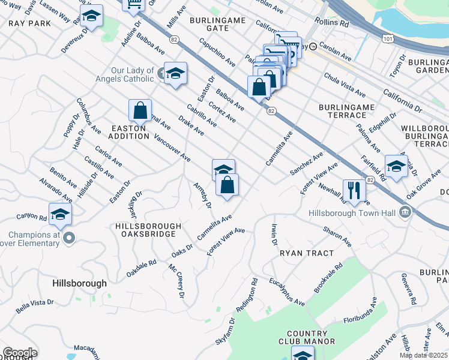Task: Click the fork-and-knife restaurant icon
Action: pyautogui.click(x=354, y=190)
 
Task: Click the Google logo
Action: pyautogui.click(x=20, y=353)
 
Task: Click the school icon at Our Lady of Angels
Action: pyautogui.click(x=175, y=74)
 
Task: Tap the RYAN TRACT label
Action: pyautogui.click(x=307, y=253)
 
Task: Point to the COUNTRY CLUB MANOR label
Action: pyautogui.click(x=311, y=337)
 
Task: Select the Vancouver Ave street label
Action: pyautogui.click(x=172, y=148)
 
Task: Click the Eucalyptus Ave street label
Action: pyautogui.click(x=287, y=292)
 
